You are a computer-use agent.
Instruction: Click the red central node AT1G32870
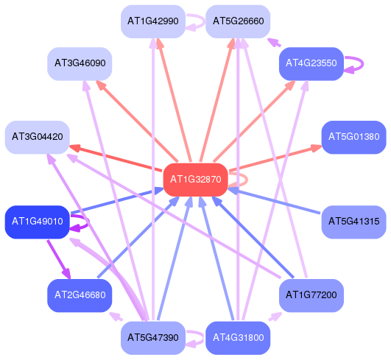click(196, 180)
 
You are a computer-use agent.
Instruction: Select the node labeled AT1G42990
click(153, 21)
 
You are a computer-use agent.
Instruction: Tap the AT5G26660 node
click(238, 21)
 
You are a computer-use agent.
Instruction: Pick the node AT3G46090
click(80, 64)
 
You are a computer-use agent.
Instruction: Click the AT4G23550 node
click(311, 64)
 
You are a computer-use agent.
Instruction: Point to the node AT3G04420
click(37, 137)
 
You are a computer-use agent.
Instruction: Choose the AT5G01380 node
click(354, 137)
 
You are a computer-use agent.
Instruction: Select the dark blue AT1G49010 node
click(37, 222)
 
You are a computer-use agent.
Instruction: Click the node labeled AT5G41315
click(354, 222)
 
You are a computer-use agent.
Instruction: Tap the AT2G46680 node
click(80, 295)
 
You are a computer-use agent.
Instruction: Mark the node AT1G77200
click(311, 295)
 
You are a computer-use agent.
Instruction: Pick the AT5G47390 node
click(153, 338)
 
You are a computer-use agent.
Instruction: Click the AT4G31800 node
click(238, 338)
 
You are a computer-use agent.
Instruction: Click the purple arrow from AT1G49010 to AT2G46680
click(59, 259)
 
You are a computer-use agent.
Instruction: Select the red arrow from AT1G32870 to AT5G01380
click(275, 158)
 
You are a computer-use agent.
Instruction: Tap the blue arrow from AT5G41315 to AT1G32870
click(274, 201)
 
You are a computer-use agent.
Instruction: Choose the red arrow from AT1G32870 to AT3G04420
click(115, 158)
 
